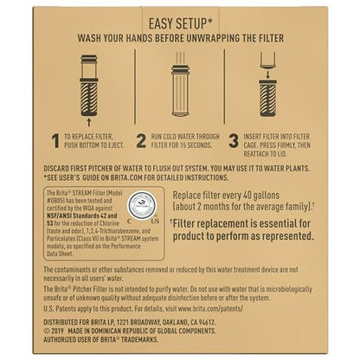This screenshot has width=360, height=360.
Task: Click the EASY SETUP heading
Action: pyautogui.click(x=180, y=24)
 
